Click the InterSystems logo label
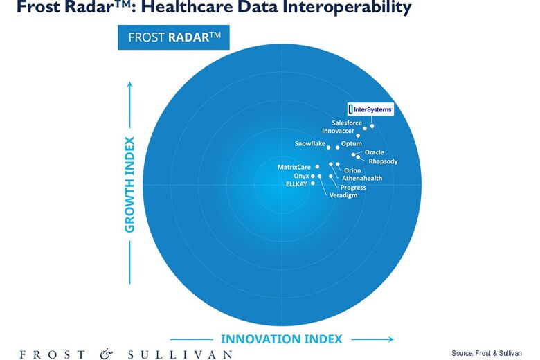click(370, 109)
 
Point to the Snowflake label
click(309, 143)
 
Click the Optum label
click(352, 143)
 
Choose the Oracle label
click(374, 152)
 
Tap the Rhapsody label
click(383, 161)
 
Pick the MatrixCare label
click(294, 168)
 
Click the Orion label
click(352, 170)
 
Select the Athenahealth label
click(362, 179)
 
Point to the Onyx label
click(301, 177)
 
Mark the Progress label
click(353, 187)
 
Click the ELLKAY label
click(296, 184)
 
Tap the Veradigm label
click(343, 195)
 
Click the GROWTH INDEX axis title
click(129, 184)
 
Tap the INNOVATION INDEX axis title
click(281, 339)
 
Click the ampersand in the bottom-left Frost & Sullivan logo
click(106, 354)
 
